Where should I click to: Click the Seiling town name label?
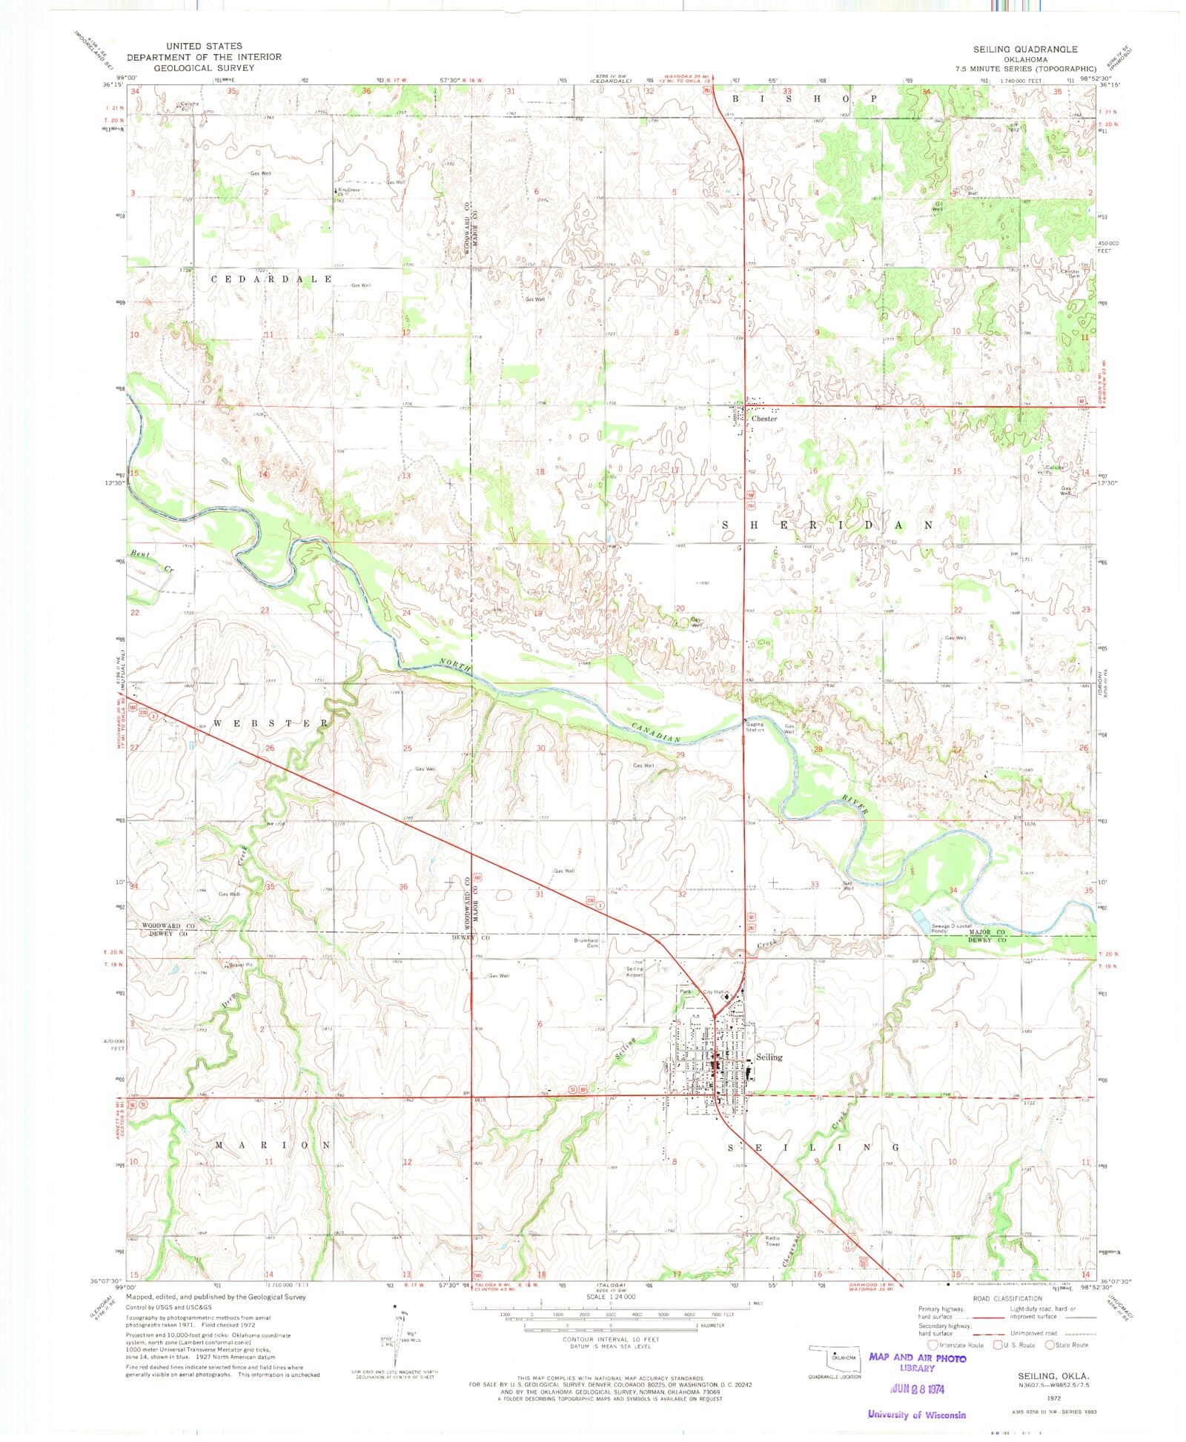[769, 1057]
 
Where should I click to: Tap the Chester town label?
[764, 419]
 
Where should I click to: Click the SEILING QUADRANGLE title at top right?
[1025, 49]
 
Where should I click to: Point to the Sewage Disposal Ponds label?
[951, 928]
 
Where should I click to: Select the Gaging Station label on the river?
[755, 728]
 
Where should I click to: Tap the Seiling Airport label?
[635, 972]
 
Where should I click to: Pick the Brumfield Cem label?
[586, 943]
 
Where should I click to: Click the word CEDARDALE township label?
[272, 279]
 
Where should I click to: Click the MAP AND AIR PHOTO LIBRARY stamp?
[918, 1359]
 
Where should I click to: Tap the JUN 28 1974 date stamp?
[918, 1387]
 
